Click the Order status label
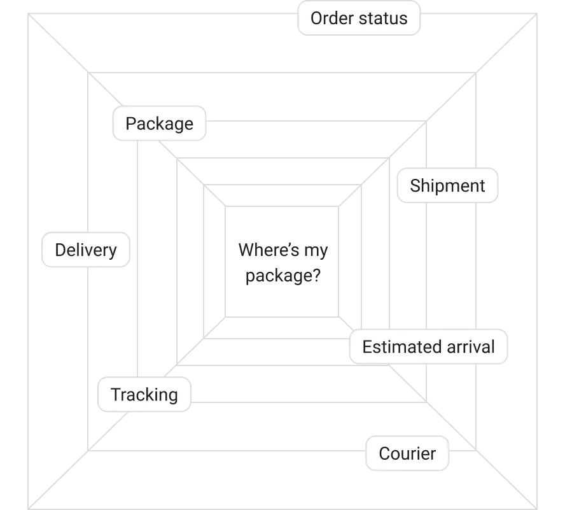pyautogui.click(x=359, y=18)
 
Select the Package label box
pyautogui.click(x=159, y=124)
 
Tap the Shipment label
pyautogui.click(x=447, y=186)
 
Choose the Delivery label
pyautogui.click(x=86, y=250)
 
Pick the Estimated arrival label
pyautogui.click(x=428, y=347)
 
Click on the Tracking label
pyautogui.click(x=144, y=395)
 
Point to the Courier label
pyautogui.click(x=407, y=454)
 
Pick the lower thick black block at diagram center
pyautogui.click(x=290, y=276)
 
